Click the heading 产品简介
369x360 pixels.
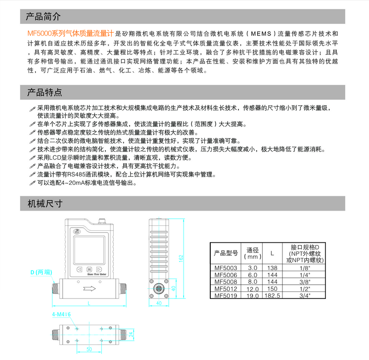(44, 17)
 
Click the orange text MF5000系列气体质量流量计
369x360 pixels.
(70, 34)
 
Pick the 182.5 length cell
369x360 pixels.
(272, 296)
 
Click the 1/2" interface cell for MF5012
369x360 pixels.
(304, 289)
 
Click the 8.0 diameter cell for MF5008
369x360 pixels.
(252, 281)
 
